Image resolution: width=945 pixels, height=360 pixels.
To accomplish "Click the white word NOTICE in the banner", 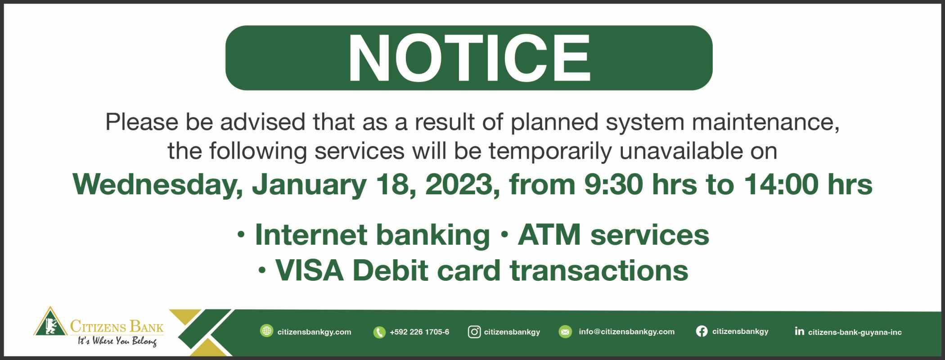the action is pos(468,58).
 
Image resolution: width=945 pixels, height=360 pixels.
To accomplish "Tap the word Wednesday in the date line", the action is pos(157,184).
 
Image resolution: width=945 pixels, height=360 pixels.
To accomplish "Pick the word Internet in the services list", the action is pos(310,234).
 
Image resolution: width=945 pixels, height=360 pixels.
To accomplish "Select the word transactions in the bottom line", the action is pos(599,270).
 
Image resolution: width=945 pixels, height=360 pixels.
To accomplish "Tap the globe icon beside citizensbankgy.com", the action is pos(267,331).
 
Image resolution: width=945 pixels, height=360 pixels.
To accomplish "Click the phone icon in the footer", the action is pos(379,332).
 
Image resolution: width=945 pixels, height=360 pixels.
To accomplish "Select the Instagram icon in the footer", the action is pos(474,332).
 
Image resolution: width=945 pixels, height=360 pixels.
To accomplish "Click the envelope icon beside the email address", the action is pos(565,332).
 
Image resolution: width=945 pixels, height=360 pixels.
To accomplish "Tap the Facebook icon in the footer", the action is pos(702,332).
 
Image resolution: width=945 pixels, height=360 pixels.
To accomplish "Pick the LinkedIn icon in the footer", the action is pos(799,332).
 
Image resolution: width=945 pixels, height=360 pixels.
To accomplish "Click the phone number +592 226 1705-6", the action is pos(419,332).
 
